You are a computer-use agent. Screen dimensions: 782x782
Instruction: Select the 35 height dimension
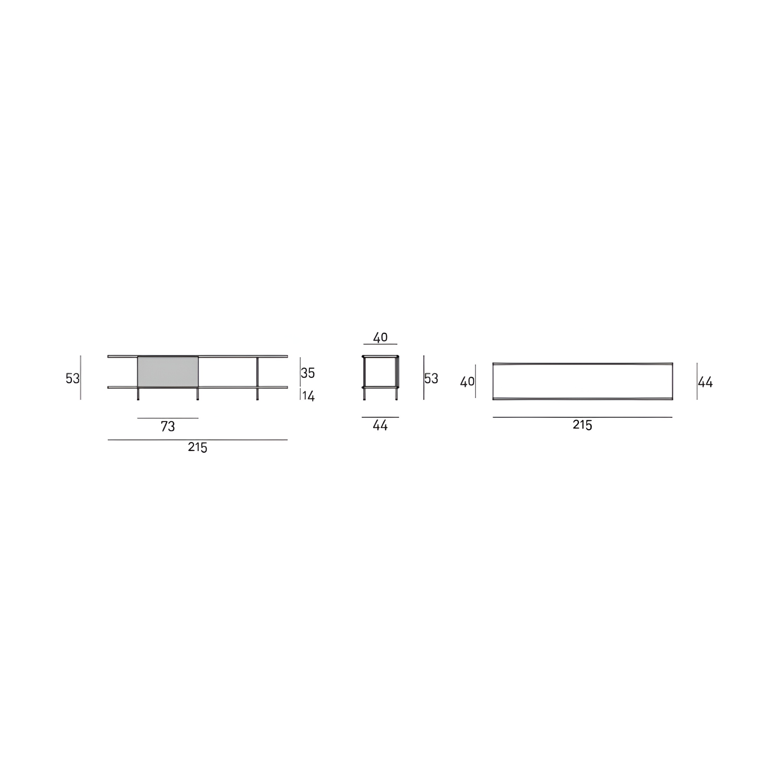308,373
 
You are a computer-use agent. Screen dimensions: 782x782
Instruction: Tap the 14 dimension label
309,396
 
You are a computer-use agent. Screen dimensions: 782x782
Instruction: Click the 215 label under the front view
197,447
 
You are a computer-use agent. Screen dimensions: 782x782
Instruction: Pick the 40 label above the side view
380,337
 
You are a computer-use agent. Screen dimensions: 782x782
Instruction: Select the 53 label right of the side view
431,378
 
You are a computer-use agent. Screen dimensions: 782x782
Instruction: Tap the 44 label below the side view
380,426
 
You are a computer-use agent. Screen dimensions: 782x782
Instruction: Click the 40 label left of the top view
467,382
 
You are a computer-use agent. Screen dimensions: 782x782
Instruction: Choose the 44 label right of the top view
705,382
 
